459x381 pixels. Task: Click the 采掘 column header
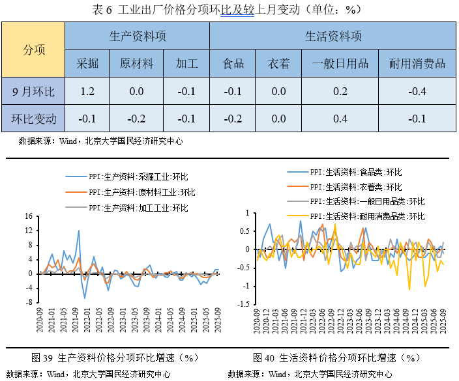point(87,63)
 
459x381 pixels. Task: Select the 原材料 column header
point(136,63)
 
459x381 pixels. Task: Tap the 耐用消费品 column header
point(417,63)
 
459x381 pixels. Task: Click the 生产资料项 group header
point(138,36)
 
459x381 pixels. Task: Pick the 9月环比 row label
point(34,91)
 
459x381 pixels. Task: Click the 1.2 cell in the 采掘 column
point(87,91)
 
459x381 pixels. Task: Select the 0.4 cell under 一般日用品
point(340,119)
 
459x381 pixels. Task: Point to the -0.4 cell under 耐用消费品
point(417,91)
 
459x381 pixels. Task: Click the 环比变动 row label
point(34,119)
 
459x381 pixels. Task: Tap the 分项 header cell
point(34,49)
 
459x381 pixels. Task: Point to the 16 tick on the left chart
point(28,216)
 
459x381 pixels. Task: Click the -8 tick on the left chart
point(28,303)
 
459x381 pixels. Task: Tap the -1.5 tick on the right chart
point(243,304)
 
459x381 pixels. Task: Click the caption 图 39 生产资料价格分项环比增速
point(115,358)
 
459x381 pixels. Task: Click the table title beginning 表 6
point(229,10)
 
